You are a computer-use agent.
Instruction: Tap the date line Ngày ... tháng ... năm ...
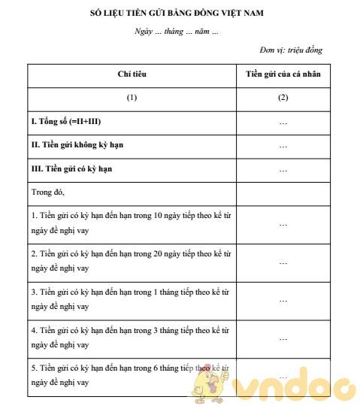[x=177, y=32]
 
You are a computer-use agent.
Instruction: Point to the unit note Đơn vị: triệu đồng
[x=292, y=50]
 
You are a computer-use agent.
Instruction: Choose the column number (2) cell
[x=282, y=98]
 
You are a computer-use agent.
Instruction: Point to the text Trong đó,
[x=47, y=192]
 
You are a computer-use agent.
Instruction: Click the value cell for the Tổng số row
[x=282, y=122]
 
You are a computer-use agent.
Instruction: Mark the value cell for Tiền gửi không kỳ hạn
[x=282, y=145]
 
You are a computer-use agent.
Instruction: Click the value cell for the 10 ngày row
[x=282, y=223]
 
